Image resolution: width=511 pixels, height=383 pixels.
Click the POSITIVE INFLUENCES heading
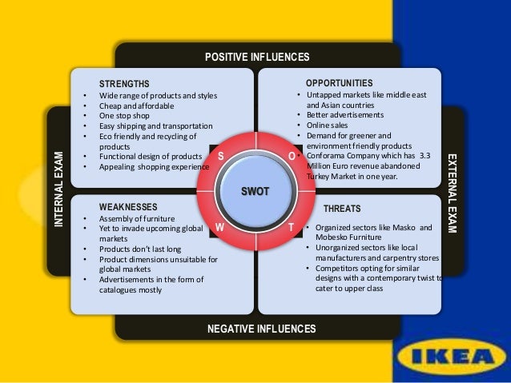click(x=257, y=57)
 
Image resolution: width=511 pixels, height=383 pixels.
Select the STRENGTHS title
click(x=124, y=83)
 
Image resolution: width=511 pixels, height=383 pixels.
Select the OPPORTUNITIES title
click(x=339, y=82)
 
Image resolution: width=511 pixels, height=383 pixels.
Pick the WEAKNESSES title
click(x=129, y=206)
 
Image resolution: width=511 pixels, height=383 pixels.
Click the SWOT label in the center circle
click(x=256, y=190)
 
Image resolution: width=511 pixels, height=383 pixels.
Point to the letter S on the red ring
click(x=220, y=154)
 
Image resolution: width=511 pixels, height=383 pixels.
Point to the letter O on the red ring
click(x=292, y=154)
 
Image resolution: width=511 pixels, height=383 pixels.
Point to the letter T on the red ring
click(x=291, y=227)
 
